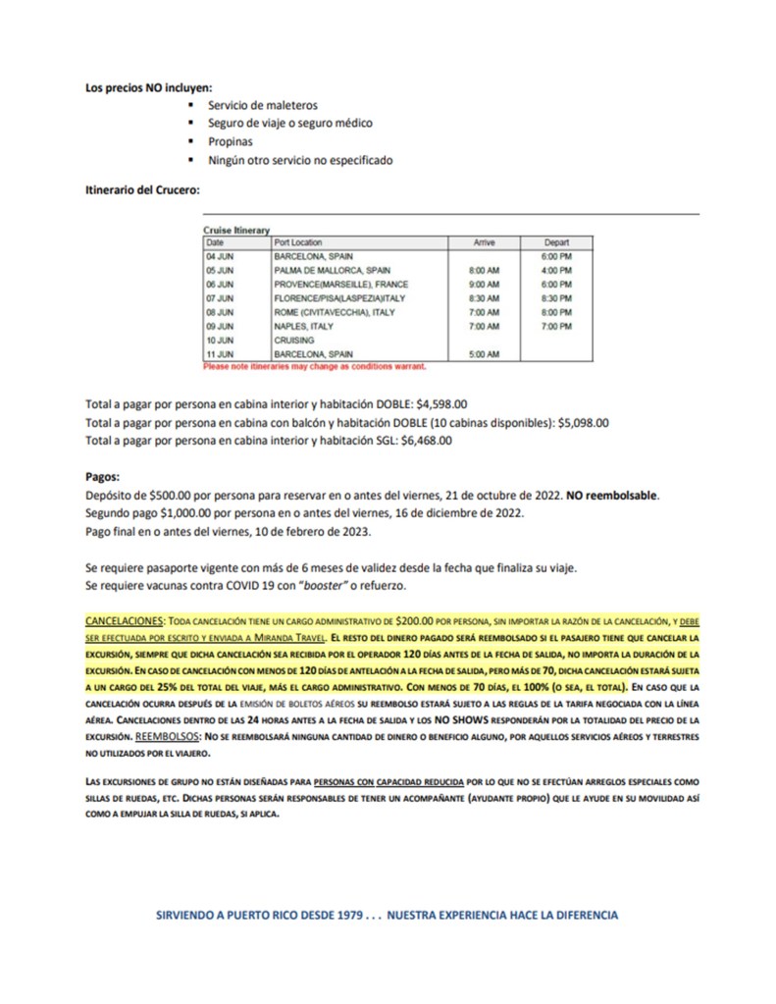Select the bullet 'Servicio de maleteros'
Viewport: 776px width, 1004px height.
[262, 105]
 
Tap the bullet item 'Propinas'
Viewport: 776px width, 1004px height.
[230, 141]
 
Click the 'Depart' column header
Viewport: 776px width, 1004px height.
[557, 242]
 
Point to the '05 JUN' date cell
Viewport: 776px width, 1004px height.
[220, 270]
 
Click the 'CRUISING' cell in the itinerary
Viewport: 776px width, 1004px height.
[294, 340]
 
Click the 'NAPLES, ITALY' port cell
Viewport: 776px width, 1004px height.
[304, 325]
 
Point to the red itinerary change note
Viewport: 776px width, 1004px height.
[314, 366]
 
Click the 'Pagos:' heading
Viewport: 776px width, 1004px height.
[102, 477]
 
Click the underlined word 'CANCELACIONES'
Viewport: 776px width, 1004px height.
[125, 622]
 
